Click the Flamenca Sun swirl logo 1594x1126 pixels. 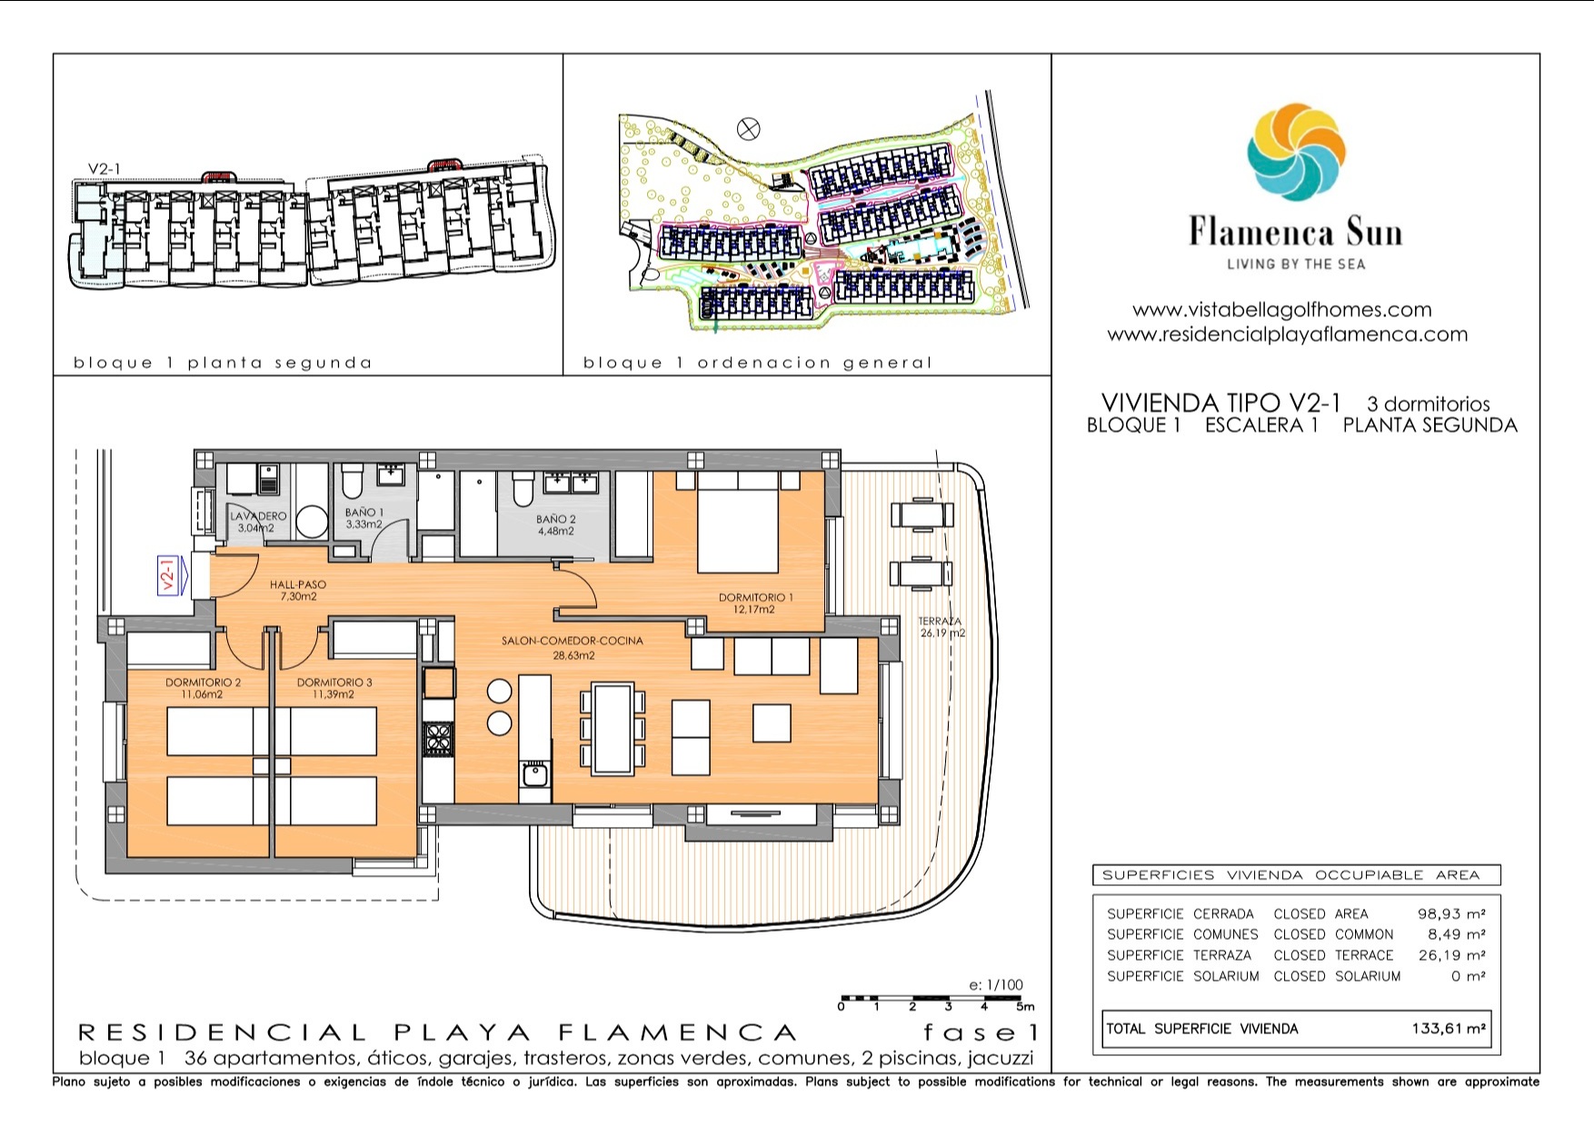point(1296,152)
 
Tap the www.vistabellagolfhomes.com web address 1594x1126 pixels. point(1281,310)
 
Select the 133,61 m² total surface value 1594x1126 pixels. point(1449,1029)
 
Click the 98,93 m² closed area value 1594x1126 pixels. point(1451,913)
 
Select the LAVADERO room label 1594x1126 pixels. point(258,516)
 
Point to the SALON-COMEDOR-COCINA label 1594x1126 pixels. point(572,641)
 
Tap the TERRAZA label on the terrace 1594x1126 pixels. point(940,622)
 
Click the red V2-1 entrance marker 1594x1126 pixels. point(167,575)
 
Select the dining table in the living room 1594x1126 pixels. point(613,730)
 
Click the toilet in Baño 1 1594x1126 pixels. point(352,482)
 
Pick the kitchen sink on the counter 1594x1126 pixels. point(534,775)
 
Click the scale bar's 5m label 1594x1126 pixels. point(1025,1006)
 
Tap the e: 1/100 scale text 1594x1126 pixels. point(996,984)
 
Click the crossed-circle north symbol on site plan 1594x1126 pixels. point(749,129)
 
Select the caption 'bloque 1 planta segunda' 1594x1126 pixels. point(223,363)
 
